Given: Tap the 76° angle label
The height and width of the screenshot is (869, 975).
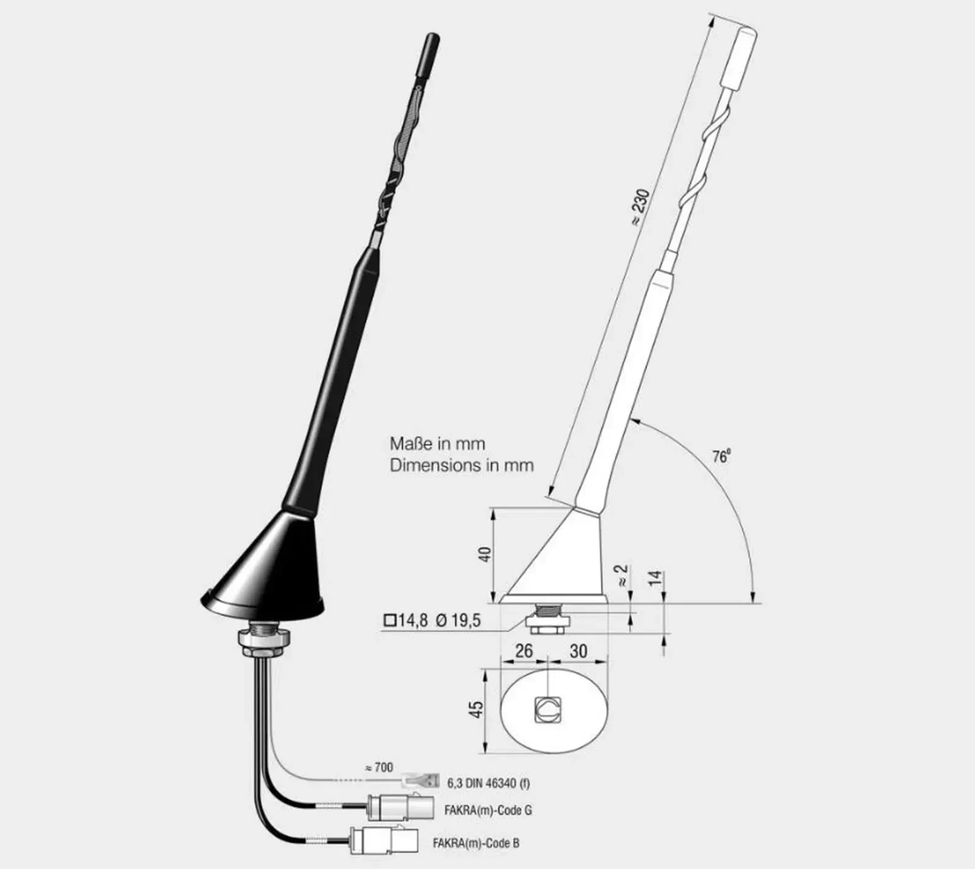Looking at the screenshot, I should [x=721, y=456].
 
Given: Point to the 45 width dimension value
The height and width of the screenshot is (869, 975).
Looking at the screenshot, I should [x=476, y=709].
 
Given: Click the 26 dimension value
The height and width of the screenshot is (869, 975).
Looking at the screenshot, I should [x=523, y=651].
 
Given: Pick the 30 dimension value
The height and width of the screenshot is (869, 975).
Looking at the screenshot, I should [x=578, y=651].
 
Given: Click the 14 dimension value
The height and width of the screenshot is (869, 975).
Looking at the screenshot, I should [x=655, y=578].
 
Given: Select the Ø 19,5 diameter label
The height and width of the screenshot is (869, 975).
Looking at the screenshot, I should [x=458, y=621].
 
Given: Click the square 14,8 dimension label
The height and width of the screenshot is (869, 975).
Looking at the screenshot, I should [x=406, y=621].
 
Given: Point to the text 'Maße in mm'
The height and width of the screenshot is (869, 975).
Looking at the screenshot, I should [x=438, y=444].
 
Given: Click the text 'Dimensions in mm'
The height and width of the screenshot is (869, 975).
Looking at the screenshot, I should [x=461, y=466].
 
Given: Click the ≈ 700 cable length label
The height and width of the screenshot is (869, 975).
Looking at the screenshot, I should [x=378, y=767].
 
